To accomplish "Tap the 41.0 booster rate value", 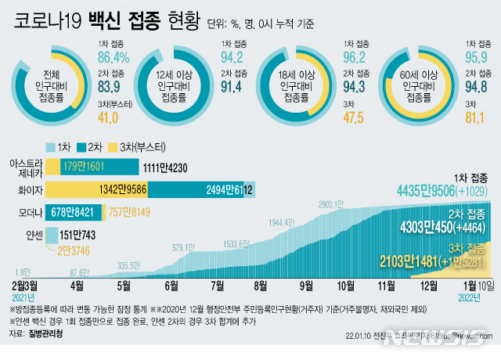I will coord(108,117).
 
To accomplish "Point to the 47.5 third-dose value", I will coord(355,117).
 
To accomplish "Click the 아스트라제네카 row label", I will coord(23,167).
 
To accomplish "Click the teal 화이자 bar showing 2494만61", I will coord(196,189).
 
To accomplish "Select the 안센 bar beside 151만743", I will coord(52,234).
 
